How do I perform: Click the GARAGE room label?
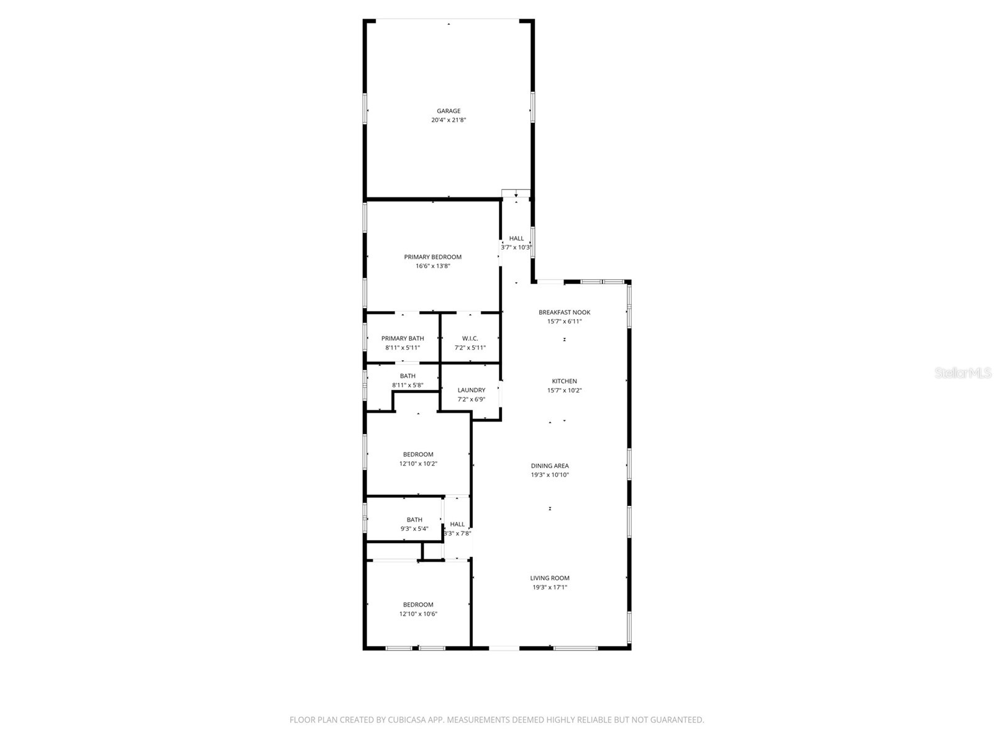tap(448, 111)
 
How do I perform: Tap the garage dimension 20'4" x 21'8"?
tap(448, 120)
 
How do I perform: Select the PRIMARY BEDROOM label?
tap(432, 257)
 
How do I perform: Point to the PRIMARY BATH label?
tap(403, 338)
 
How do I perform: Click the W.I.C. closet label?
tap(470, 338)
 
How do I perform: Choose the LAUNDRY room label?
tap(471, 391)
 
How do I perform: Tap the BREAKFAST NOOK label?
tap(564, 312)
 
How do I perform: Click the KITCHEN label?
tap(564, 381)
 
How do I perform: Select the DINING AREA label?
tap(549, 466)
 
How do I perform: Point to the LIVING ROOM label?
tap(549, 578)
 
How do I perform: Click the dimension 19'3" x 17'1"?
tap(549, 587)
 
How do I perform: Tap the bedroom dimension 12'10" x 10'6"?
tap(418, 614)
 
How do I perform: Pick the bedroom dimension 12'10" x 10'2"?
tap(418, 464)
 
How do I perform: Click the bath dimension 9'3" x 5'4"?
tap(414, 529)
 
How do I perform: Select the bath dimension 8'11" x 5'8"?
tap(408, 386)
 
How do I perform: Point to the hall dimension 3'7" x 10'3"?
tap(516, 247)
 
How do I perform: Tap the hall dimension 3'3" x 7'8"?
tap(457, 533)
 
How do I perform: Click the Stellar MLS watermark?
tap(963, 372)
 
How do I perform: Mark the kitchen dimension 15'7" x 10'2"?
tap(564, 391)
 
